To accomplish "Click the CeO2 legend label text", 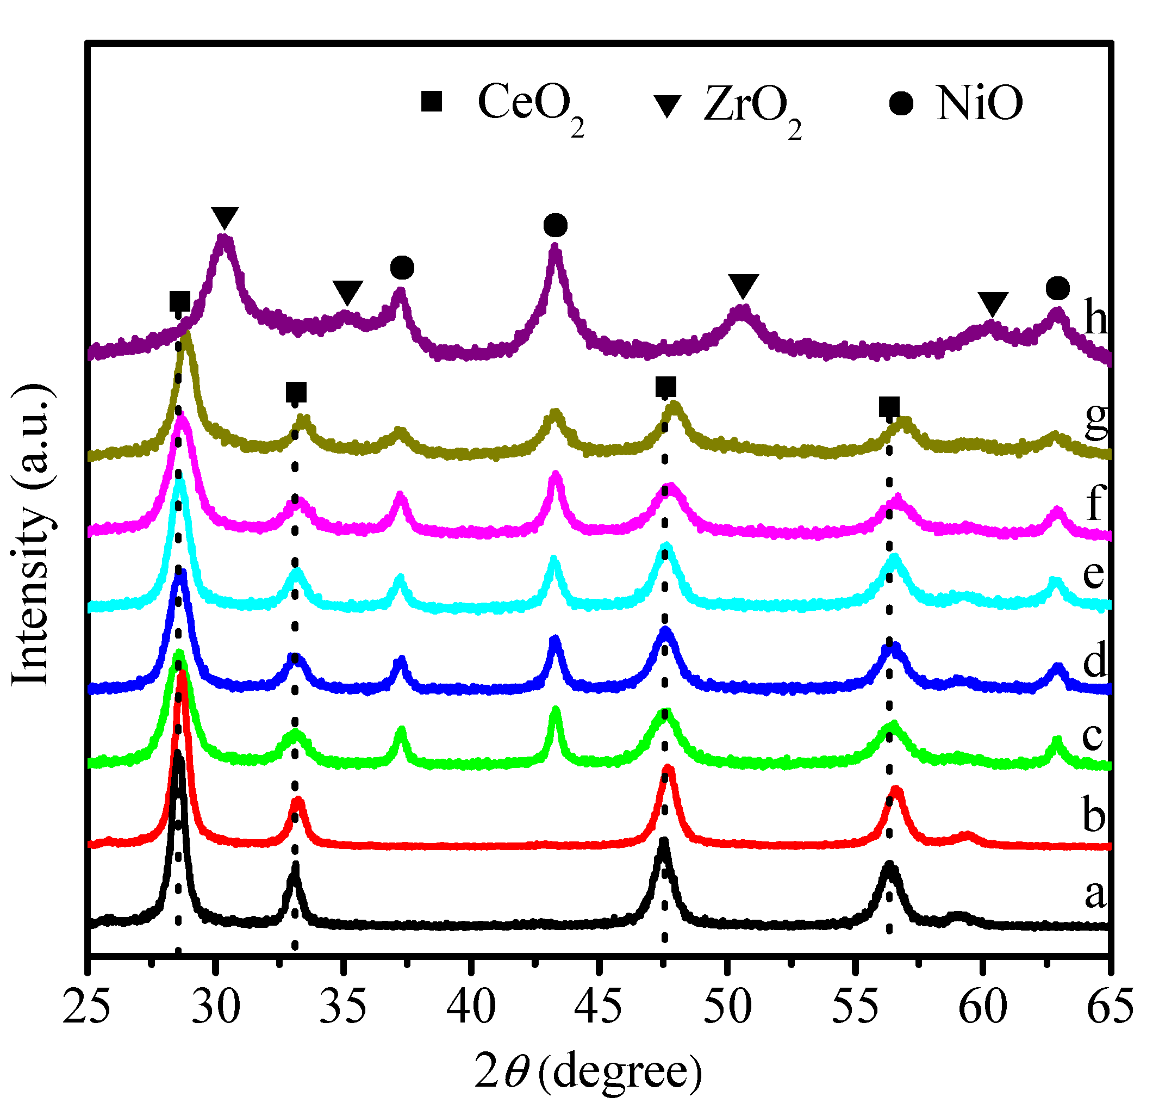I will (x=530, y=104).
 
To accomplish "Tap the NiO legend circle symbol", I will (x=901, y=104).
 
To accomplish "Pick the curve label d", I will (x=1095, y=661).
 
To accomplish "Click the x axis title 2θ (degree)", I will (x=588, y=1071).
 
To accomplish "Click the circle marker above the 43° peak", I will (x=556, y=225).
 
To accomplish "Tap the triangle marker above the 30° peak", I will (x=225, y=218).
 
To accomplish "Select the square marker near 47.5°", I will (x=666, y=387).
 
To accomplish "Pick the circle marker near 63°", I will (x=1058, y=289).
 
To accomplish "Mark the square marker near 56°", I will (x=889, y=407).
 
